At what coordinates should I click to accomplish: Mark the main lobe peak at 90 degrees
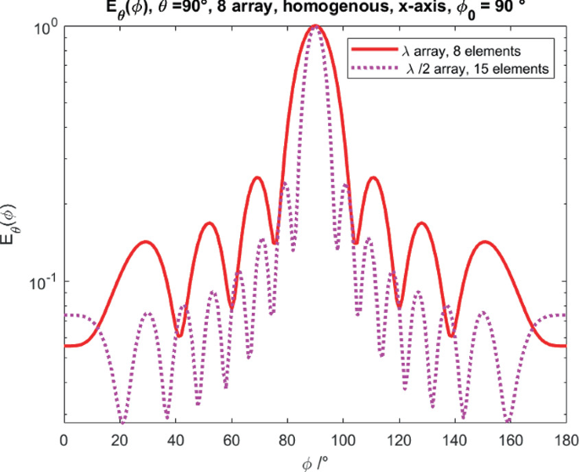point(314,26)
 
